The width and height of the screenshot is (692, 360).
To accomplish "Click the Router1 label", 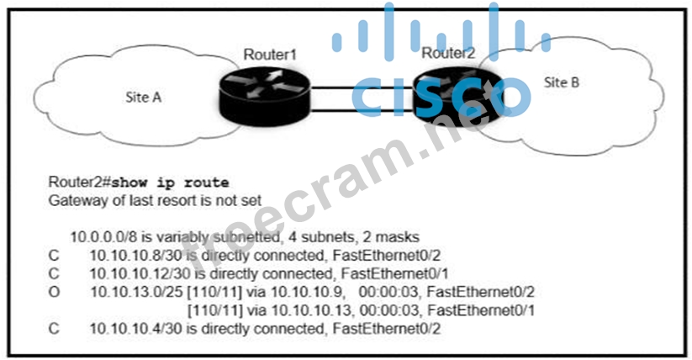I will [270, 55].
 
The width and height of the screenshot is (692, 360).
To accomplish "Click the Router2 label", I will [448, 53].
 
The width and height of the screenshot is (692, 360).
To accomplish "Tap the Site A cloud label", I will [144, 97].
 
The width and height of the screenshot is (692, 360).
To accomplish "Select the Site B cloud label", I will [562, 82].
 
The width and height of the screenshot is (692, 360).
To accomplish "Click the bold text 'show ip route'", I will [171, 182].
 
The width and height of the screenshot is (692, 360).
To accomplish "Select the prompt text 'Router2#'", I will [80, 182].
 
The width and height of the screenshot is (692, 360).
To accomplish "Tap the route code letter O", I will [55, 293].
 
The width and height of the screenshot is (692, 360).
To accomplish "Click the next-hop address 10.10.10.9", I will [310, 293].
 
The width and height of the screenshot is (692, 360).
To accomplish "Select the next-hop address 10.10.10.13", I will [314, 311].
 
